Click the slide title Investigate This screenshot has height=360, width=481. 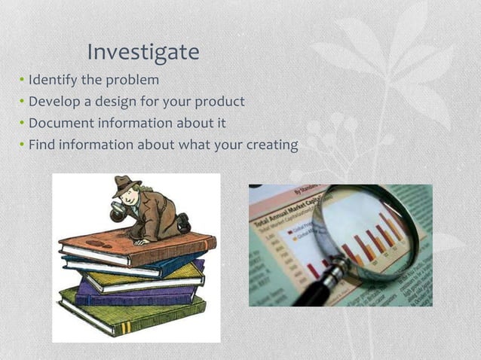pyautogui.click(x=143, y=52)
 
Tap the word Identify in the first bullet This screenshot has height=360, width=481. pyautogui.click(x=51, y=79)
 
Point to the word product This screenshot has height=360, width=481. pyautogui.click(x=219, y=101)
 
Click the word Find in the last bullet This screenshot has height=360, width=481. pyautogui.click(x=41, y=144)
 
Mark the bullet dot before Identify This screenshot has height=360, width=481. pyautogui.click(x=22, y=80)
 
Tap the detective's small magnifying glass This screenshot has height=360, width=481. pyautogui.click(x=118, y=213)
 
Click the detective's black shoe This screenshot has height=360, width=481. pyautogui.click(x=183, y=223)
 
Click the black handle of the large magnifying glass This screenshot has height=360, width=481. pyautogui.click(x=312, y=291)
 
